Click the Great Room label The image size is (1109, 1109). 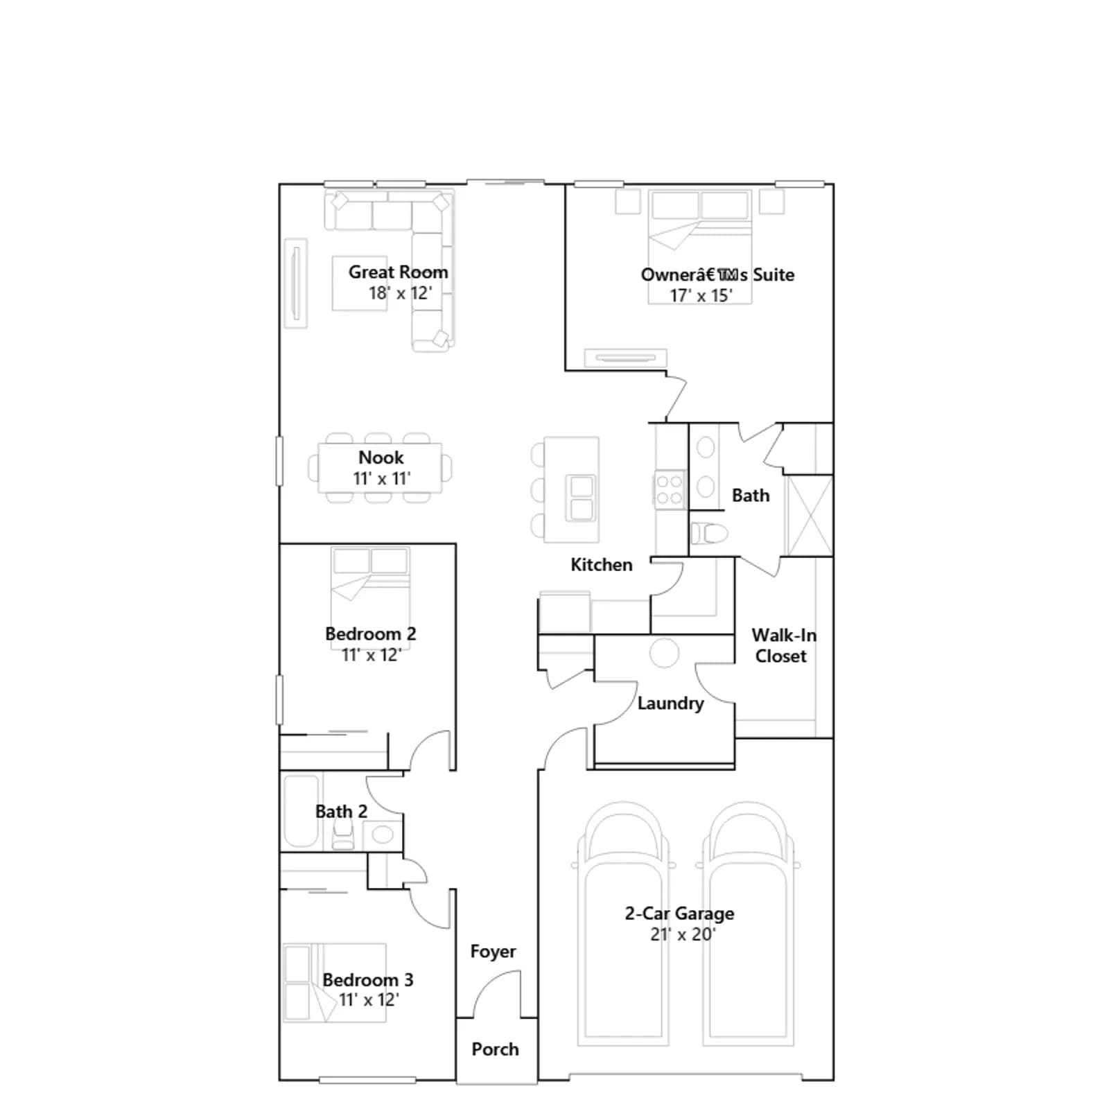pos(398,272)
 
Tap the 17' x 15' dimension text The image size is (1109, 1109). pos(701,296)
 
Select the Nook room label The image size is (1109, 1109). pos(381,457)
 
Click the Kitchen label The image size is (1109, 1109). pos(602,565)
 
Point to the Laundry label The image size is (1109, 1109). pos(670,704)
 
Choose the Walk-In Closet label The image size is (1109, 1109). pos(783,646)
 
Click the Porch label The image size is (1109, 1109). pos(495,1049)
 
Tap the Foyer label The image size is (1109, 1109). pos(493,952)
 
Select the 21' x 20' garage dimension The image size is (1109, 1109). pos(683,934)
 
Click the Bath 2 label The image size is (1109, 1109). pos(341,812)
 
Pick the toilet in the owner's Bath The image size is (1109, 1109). pos(709,534)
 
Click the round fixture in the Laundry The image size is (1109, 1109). pos(664,653)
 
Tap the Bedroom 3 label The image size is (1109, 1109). pos(368,980)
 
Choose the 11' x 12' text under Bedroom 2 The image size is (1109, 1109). pos(372,655)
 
